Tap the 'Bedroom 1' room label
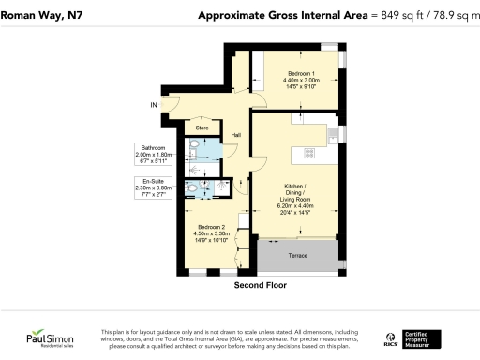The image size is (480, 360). (x=301, y=73)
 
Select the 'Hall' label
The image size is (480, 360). (x=237, y=134)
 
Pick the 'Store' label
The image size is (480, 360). (x=202, y=127)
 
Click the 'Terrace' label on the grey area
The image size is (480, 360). (x=298, y=255)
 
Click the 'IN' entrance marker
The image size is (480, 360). (x=155, y=104)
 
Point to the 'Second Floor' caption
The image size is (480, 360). (x=260, y=285)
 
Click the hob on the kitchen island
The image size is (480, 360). (x=304, y=152)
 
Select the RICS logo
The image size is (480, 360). (x=392, y=338)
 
